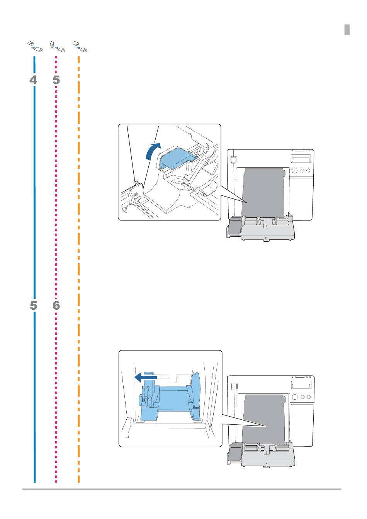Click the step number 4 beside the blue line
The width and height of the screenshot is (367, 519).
pos(34,80)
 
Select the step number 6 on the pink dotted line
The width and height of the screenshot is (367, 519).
pos(56,306)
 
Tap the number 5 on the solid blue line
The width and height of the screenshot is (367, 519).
pos(34,306)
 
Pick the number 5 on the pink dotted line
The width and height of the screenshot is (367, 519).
pos(56,80)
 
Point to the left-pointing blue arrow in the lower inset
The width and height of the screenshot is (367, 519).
pos(145,377)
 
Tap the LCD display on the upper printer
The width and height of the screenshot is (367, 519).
pos(301,159)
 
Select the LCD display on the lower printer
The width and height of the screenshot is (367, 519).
pos(301,386)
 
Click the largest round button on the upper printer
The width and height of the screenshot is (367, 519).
pos(295,171)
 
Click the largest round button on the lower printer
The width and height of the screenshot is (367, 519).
pos(295,397)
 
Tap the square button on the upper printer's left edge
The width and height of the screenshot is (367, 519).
pos(233,160)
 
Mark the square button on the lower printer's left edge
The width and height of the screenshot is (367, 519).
pos(233,386)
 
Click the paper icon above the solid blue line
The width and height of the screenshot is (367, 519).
pos(35,46)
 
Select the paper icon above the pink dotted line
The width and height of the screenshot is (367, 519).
pos(57,46)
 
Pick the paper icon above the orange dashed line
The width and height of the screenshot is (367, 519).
pos(80,46)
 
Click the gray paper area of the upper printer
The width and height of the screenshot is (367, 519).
pos(263,193)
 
